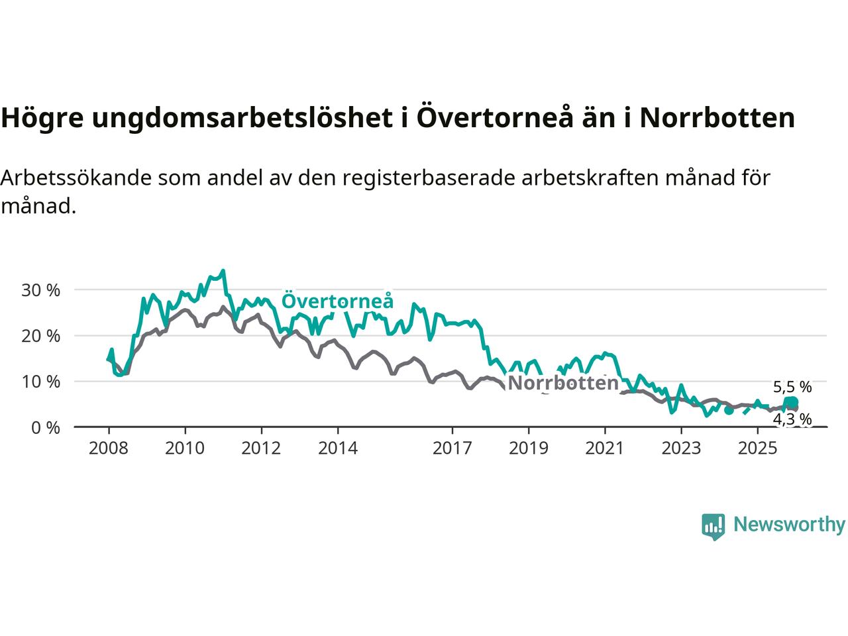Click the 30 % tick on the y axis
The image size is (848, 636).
(x=40, y=290)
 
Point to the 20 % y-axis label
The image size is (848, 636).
(x=40, y=336)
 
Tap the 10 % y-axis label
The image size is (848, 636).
(x=40, y=382)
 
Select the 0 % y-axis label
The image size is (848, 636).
(x=45, y=427)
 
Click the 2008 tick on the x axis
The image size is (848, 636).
(x=108, y=449)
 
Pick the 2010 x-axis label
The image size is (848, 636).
(x=185, y=449)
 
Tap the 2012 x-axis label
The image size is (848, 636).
(x=261, y=449)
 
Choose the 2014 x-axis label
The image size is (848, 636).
(x=338, y=449)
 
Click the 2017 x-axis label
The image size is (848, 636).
(x=452, y=449)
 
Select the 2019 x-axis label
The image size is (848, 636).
(x=529, y=449)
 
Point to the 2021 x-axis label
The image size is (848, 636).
(x=605, y=449)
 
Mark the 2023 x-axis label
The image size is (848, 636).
(x=681, y=449)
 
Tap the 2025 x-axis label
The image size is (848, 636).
(x=758, y=449)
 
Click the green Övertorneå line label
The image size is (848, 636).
(x=337, y=301)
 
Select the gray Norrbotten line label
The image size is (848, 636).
(x=562, y=383)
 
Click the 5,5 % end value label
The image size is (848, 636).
(x=792, y=387)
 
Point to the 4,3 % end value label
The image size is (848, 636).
(x=792, y=419)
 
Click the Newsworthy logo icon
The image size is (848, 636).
(x=714, y=527)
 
